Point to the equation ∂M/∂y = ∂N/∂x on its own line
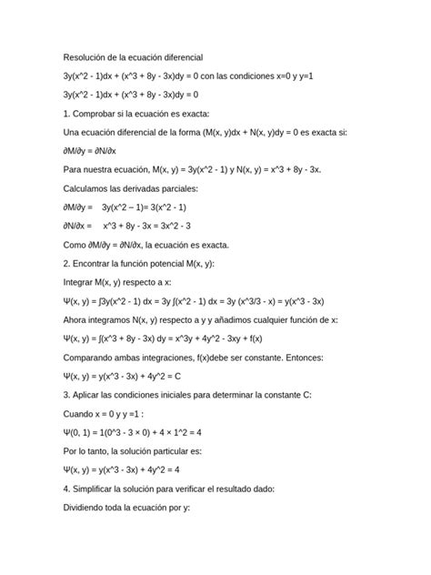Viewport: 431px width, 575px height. pyautogui.click(x=95, y=150)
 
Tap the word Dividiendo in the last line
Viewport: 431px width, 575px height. pyautogui.click(x=92, y=506)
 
